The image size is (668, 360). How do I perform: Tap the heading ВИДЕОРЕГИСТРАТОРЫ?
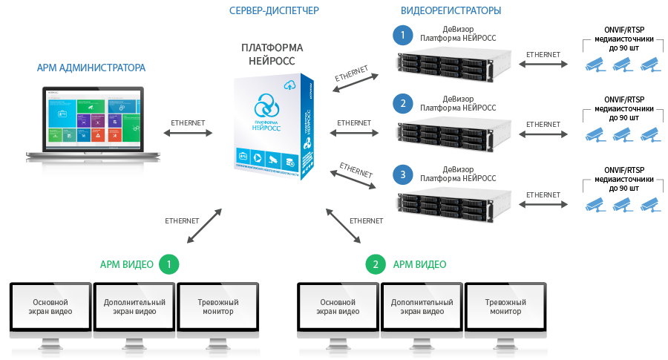pyautogui.click(x=451, y=10)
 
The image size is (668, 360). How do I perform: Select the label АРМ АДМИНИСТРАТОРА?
pyautogui.click(x=91, y=68)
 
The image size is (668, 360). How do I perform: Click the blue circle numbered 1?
pyautogui.click(x=402, y=36)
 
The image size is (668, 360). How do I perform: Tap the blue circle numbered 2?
pyautogui.click(x=402, y=103)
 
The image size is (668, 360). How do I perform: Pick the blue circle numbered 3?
pyautogui.click(x=402, y=175)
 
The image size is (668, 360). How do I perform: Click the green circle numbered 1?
pyautogui.click(x=170, y=264)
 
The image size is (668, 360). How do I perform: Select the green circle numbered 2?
pyautogui.click(x=376, y=264)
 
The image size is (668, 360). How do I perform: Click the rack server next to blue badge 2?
pyautogui.click(x=455, y=134)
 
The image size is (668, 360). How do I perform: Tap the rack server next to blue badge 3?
pyautogui.click(x=455, y=206)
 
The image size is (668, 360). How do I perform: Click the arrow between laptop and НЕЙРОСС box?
pyautogui.click(x=188, y=134)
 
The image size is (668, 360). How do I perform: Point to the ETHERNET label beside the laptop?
pyautogui.click(x=188, y=122)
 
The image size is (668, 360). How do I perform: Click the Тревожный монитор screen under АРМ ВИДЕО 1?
pyautogui.click(x=217, y=307)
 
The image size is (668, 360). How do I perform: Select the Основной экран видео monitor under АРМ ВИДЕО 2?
pyautogui.click(x=338, y=307)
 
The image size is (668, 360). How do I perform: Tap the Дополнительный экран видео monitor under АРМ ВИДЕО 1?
pyautogui.click(x=134, y=307)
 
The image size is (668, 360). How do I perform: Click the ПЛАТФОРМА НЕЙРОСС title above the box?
pyautogui.click(x=272, y=53)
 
